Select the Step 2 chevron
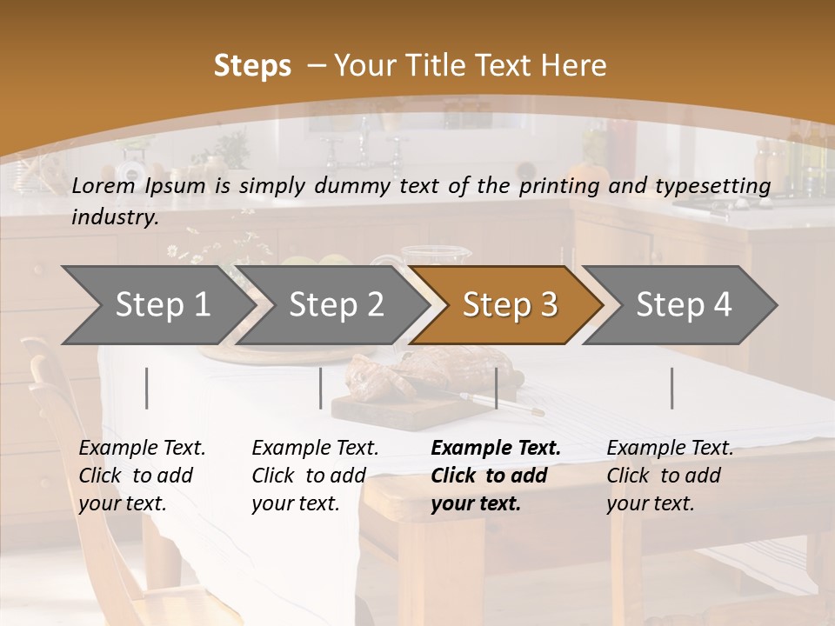coord(336,305)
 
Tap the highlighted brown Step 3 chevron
coord(509,305)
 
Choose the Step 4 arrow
coord(683,305)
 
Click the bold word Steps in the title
coord(252,66)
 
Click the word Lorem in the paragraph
coord(103,185)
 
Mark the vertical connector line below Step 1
coord(147,388)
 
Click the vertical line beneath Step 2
coord(321,388)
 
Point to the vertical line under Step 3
coord(496,388)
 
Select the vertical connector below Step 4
coord(671,388)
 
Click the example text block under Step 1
coord(142,476)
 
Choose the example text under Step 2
coord(315,476)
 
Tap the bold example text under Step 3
coord(496,476)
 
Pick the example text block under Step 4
coord(670,476)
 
